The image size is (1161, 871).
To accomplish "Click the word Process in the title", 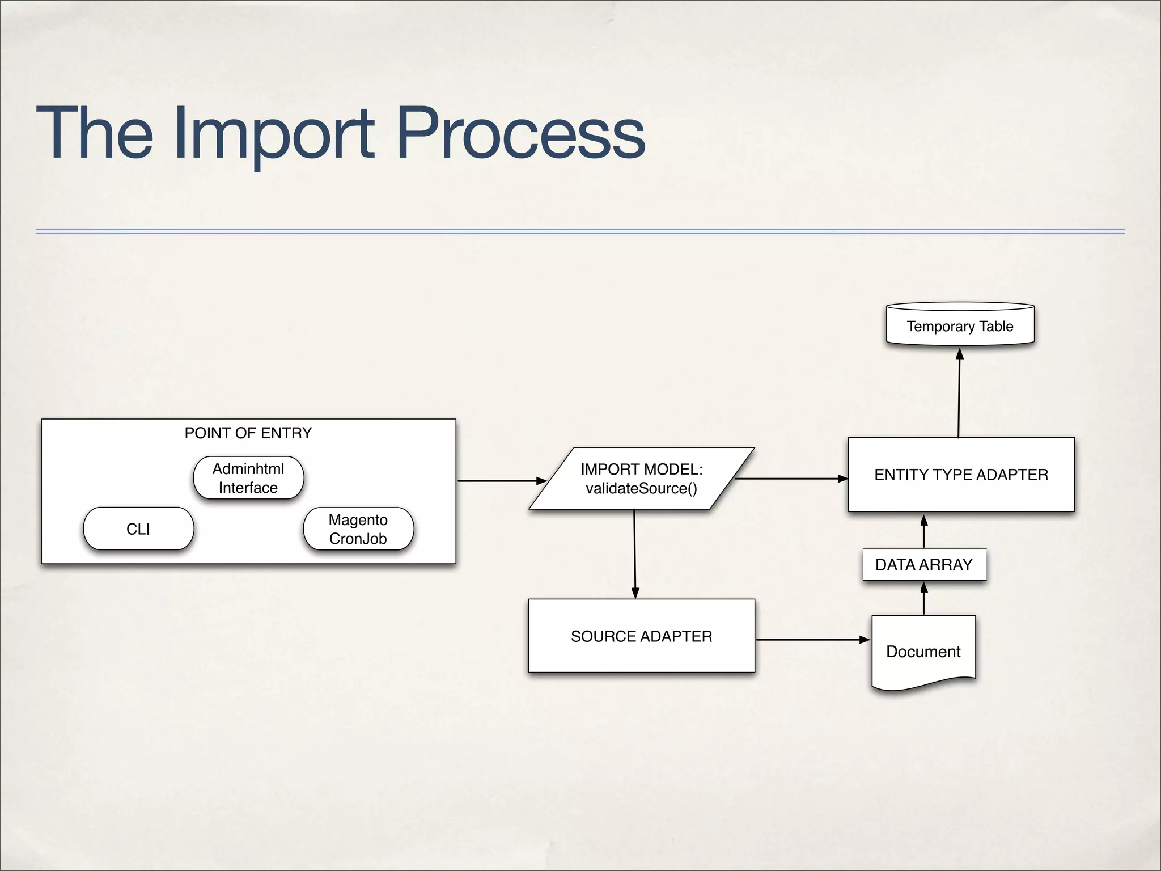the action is click(x=520, y=134).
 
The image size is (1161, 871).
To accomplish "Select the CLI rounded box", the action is click(x=138, y=528).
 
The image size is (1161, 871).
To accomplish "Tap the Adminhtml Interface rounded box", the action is click(x=248, y=478).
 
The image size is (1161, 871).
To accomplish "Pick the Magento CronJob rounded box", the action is click(x=358, y=528).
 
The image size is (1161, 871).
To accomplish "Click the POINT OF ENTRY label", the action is click(x=248, y=433).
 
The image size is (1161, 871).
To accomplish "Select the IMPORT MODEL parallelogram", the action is click(x=641, y=479).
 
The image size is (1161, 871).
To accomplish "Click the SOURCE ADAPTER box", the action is click(x=641, y=636).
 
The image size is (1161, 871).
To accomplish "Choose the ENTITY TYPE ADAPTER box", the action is click(x=961, y=475).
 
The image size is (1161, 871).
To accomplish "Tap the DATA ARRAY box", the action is click(x=924, y=565).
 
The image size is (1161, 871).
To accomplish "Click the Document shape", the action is click(x=923, y=651).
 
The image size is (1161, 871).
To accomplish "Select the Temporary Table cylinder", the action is click(x=960, y=326).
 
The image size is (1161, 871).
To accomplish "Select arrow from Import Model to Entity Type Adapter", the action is click(x=790, y=479).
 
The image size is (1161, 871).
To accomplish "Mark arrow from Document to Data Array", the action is click(x=924, y=599).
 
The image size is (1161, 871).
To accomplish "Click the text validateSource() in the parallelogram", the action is click(x=641, y=488).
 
